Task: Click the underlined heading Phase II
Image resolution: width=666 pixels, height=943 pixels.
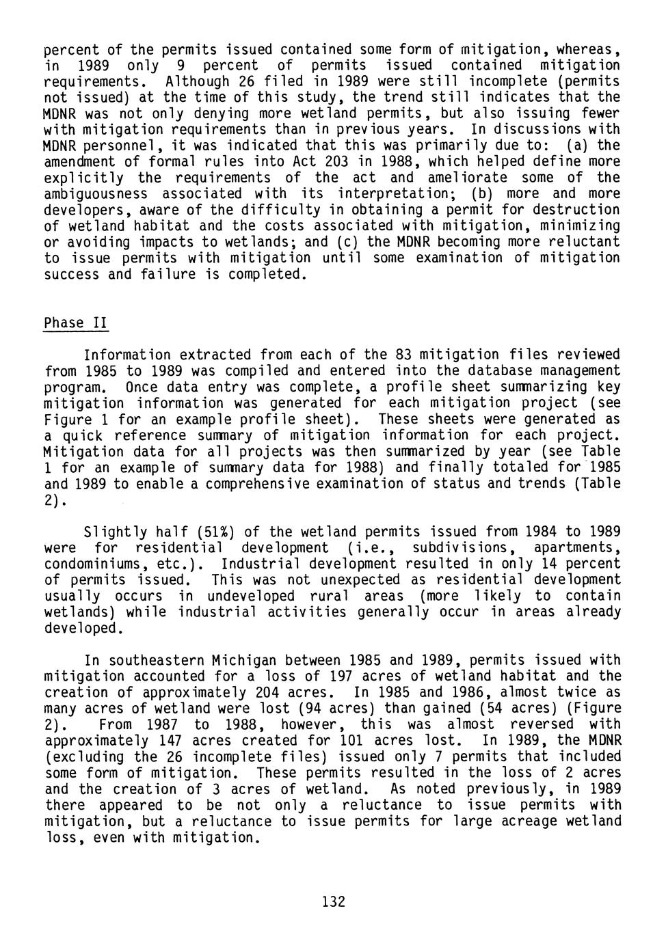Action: click(x=76, y=323)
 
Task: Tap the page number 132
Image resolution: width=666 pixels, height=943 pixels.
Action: click(x=334, y=901)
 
